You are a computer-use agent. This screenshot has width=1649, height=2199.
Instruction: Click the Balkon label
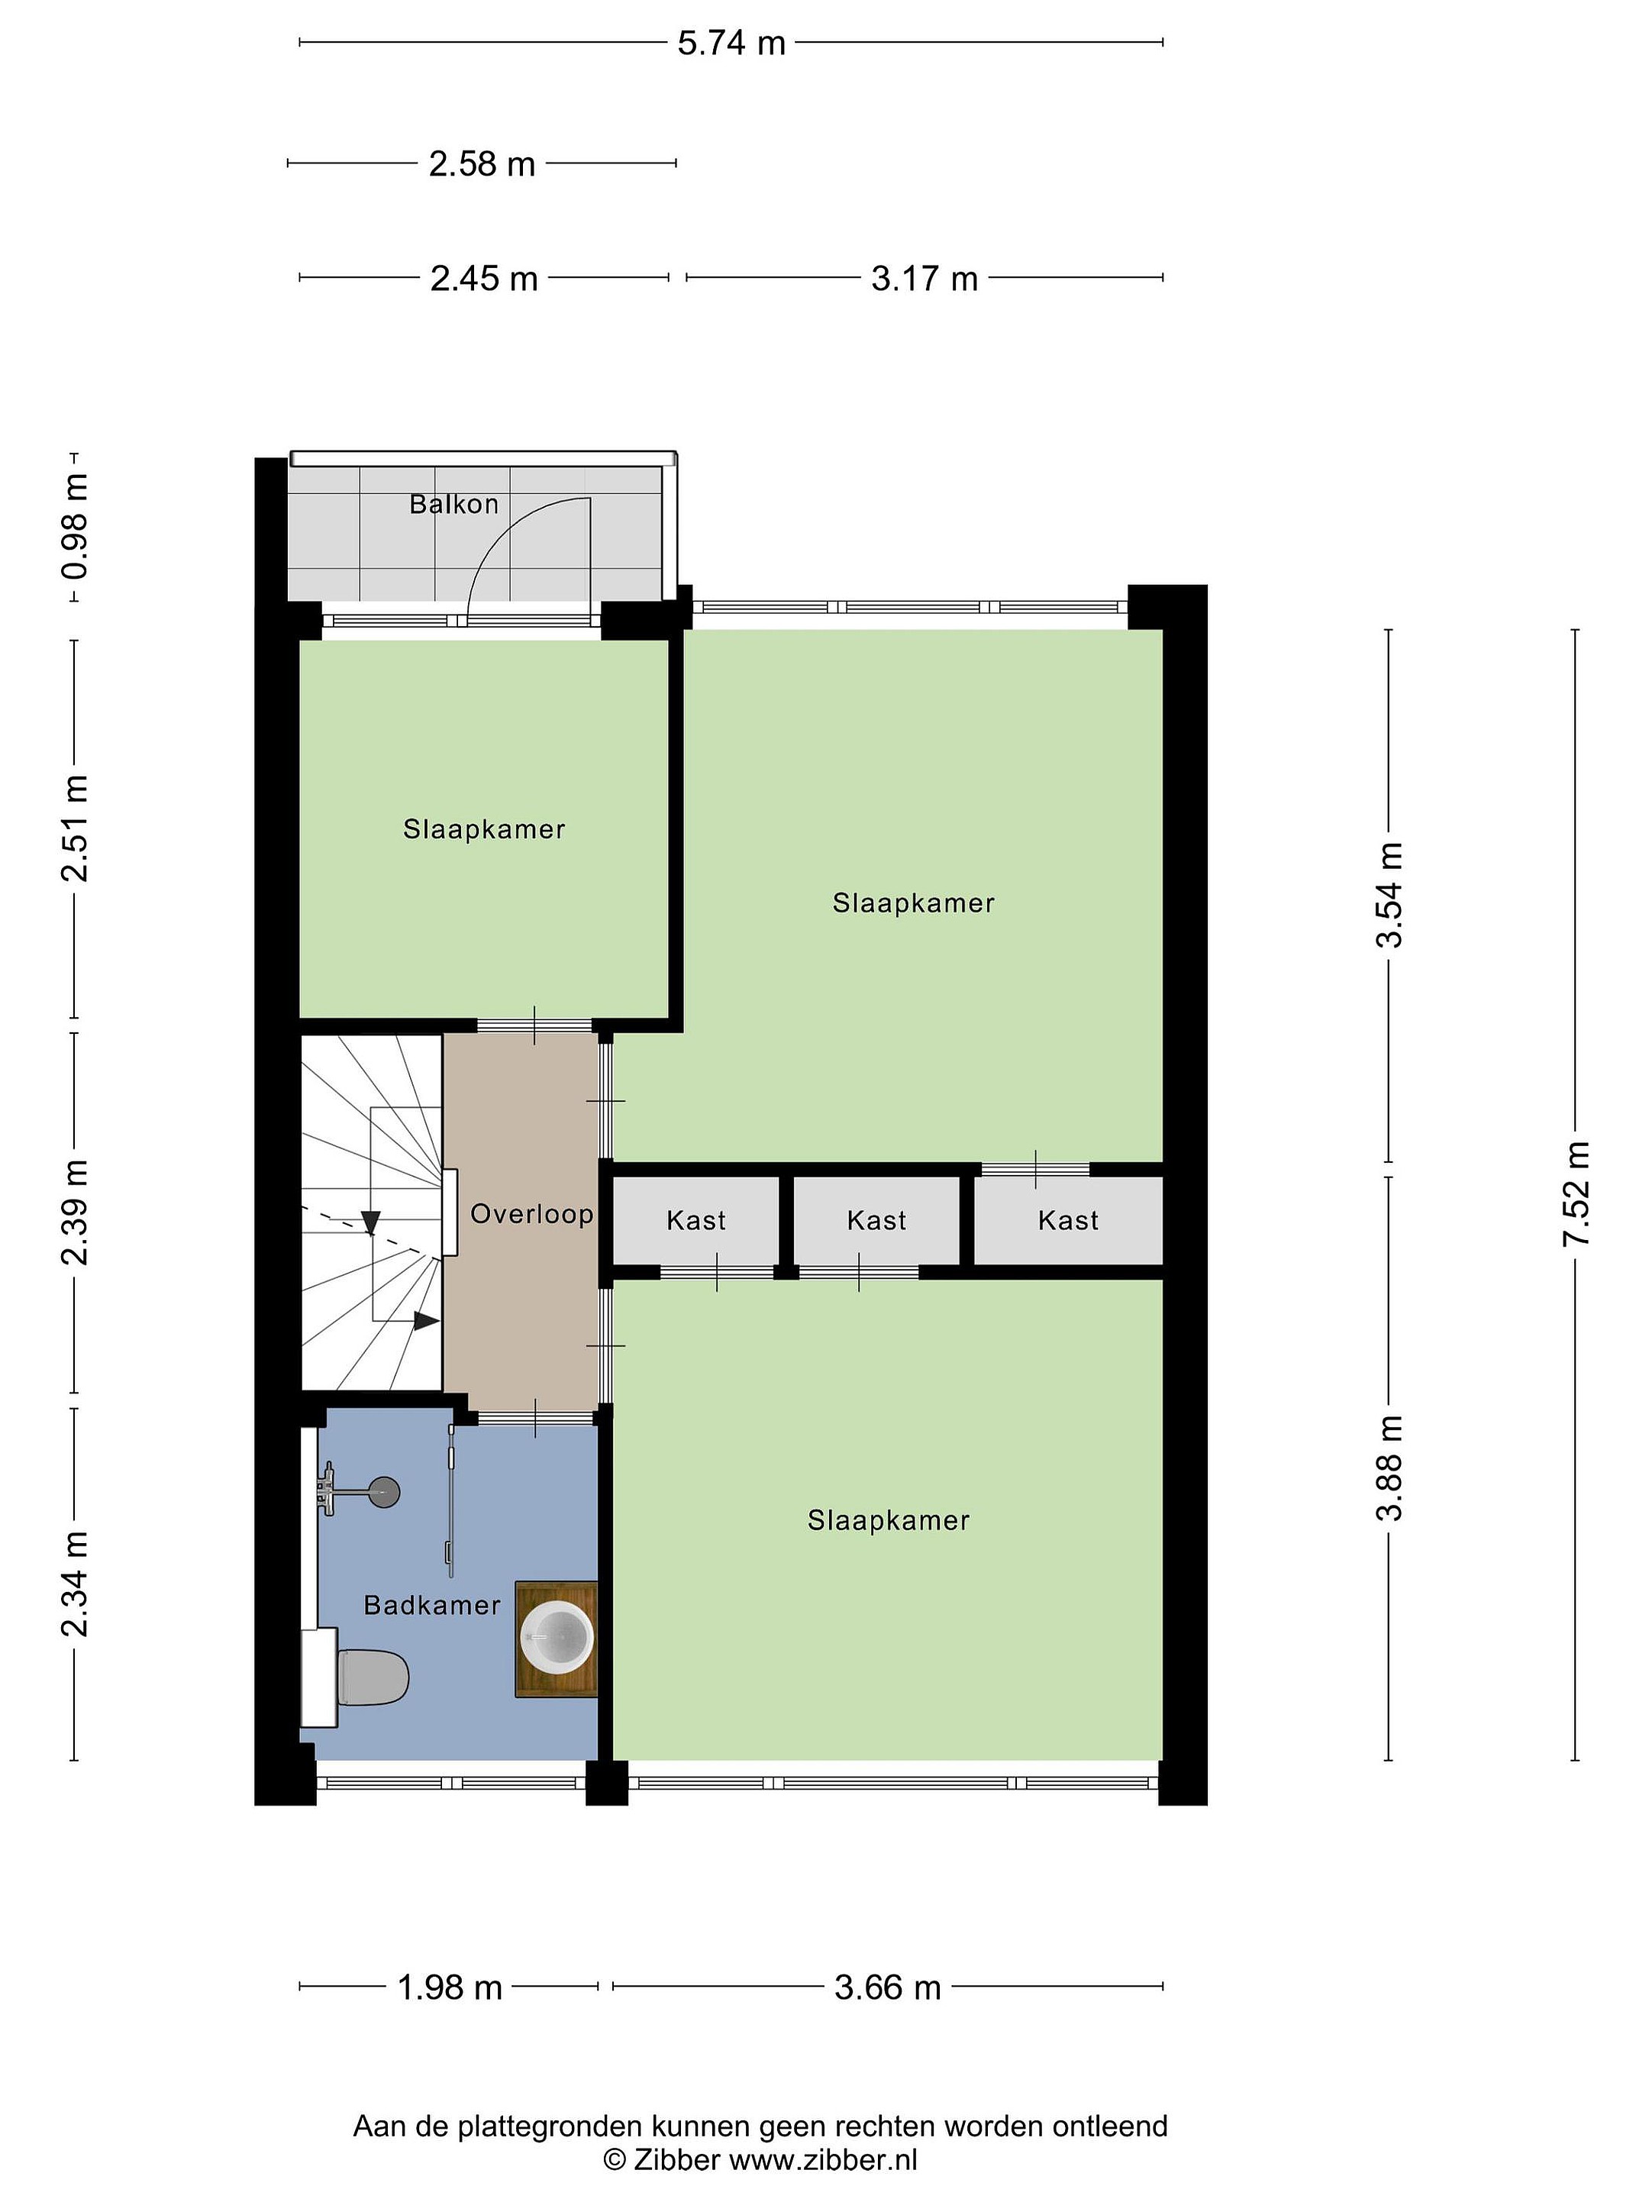454,504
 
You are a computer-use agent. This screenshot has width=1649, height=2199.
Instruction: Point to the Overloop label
532,1214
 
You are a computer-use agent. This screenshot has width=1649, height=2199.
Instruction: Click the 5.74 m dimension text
731,43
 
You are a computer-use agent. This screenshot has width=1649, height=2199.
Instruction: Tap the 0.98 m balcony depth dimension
76,527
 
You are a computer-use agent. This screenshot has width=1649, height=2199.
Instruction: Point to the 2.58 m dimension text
482,164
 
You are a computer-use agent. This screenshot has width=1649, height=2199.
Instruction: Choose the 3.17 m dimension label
925,279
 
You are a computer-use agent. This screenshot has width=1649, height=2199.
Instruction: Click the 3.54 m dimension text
1389,895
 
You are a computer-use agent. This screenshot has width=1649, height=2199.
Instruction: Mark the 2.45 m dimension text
484,279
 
